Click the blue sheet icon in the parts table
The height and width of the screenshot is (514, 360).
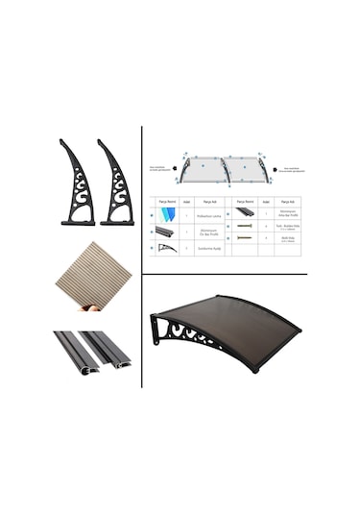click(x=162, y=216)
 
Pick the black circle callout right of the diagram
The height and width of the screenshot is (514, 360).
click(x=275, y=170)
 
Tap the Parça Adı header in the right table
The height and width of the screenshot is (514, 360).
click(x=285, y=202)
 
